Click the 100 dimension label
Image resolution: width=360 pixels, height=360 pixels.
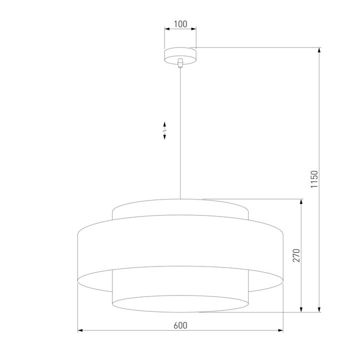(180, 23)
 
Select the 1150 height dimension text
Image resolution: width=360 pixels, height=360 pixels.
(314, 179)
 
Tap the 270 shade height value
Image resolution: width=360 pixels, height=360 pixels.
(295, 255)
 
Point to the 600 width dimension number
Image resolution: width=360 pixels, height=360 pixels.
(180, 325)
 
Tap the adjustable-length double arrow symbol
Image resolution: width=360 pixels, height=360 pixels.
(164, 130)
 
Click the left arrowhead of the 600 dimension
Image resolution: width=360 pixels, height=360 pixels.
(80, 330)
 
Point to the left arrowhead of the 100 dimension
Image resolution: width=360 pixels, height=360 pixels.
(167, 29)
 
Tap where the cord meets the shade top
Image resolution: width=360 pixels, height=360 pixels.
(180, 198)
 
